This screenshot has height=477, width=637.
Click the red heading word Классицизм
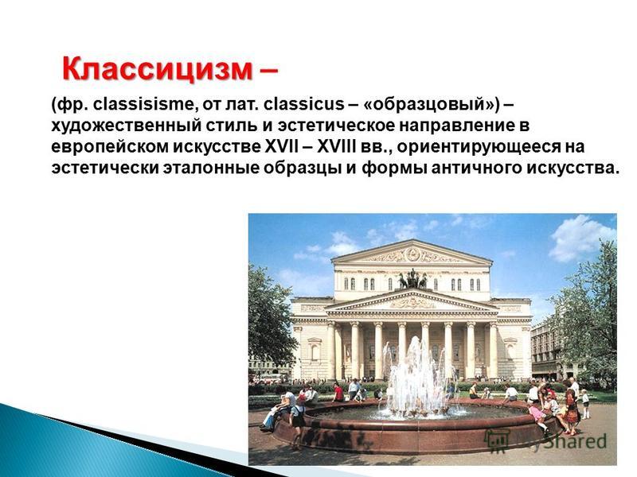point(157,69)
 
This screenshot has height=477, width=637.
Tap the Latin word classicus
point(303,104)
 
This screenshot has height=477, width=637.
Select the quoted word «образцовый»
point(430,105)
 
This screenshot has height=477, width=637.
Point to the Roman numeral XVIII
point(335,146)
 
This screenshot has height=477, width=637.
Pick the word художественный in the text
point(127,126)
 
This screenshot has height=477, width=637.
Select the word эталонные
point(211,169)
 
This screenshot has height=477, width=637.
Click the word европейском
point(109,147)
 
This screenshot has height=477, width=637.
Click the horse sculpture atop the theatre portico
point(412,279)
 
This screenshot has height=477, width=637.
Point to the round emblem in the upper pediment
point(412,254)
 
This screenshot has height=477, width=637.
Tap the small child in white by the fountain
point(585,404)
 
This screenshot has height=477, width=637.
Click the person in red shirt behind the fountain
point(338,393)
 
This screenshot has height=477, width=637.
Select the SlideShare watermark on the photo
point(545,441)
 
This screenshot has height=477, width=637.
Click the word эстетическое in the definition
point(336,126)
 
